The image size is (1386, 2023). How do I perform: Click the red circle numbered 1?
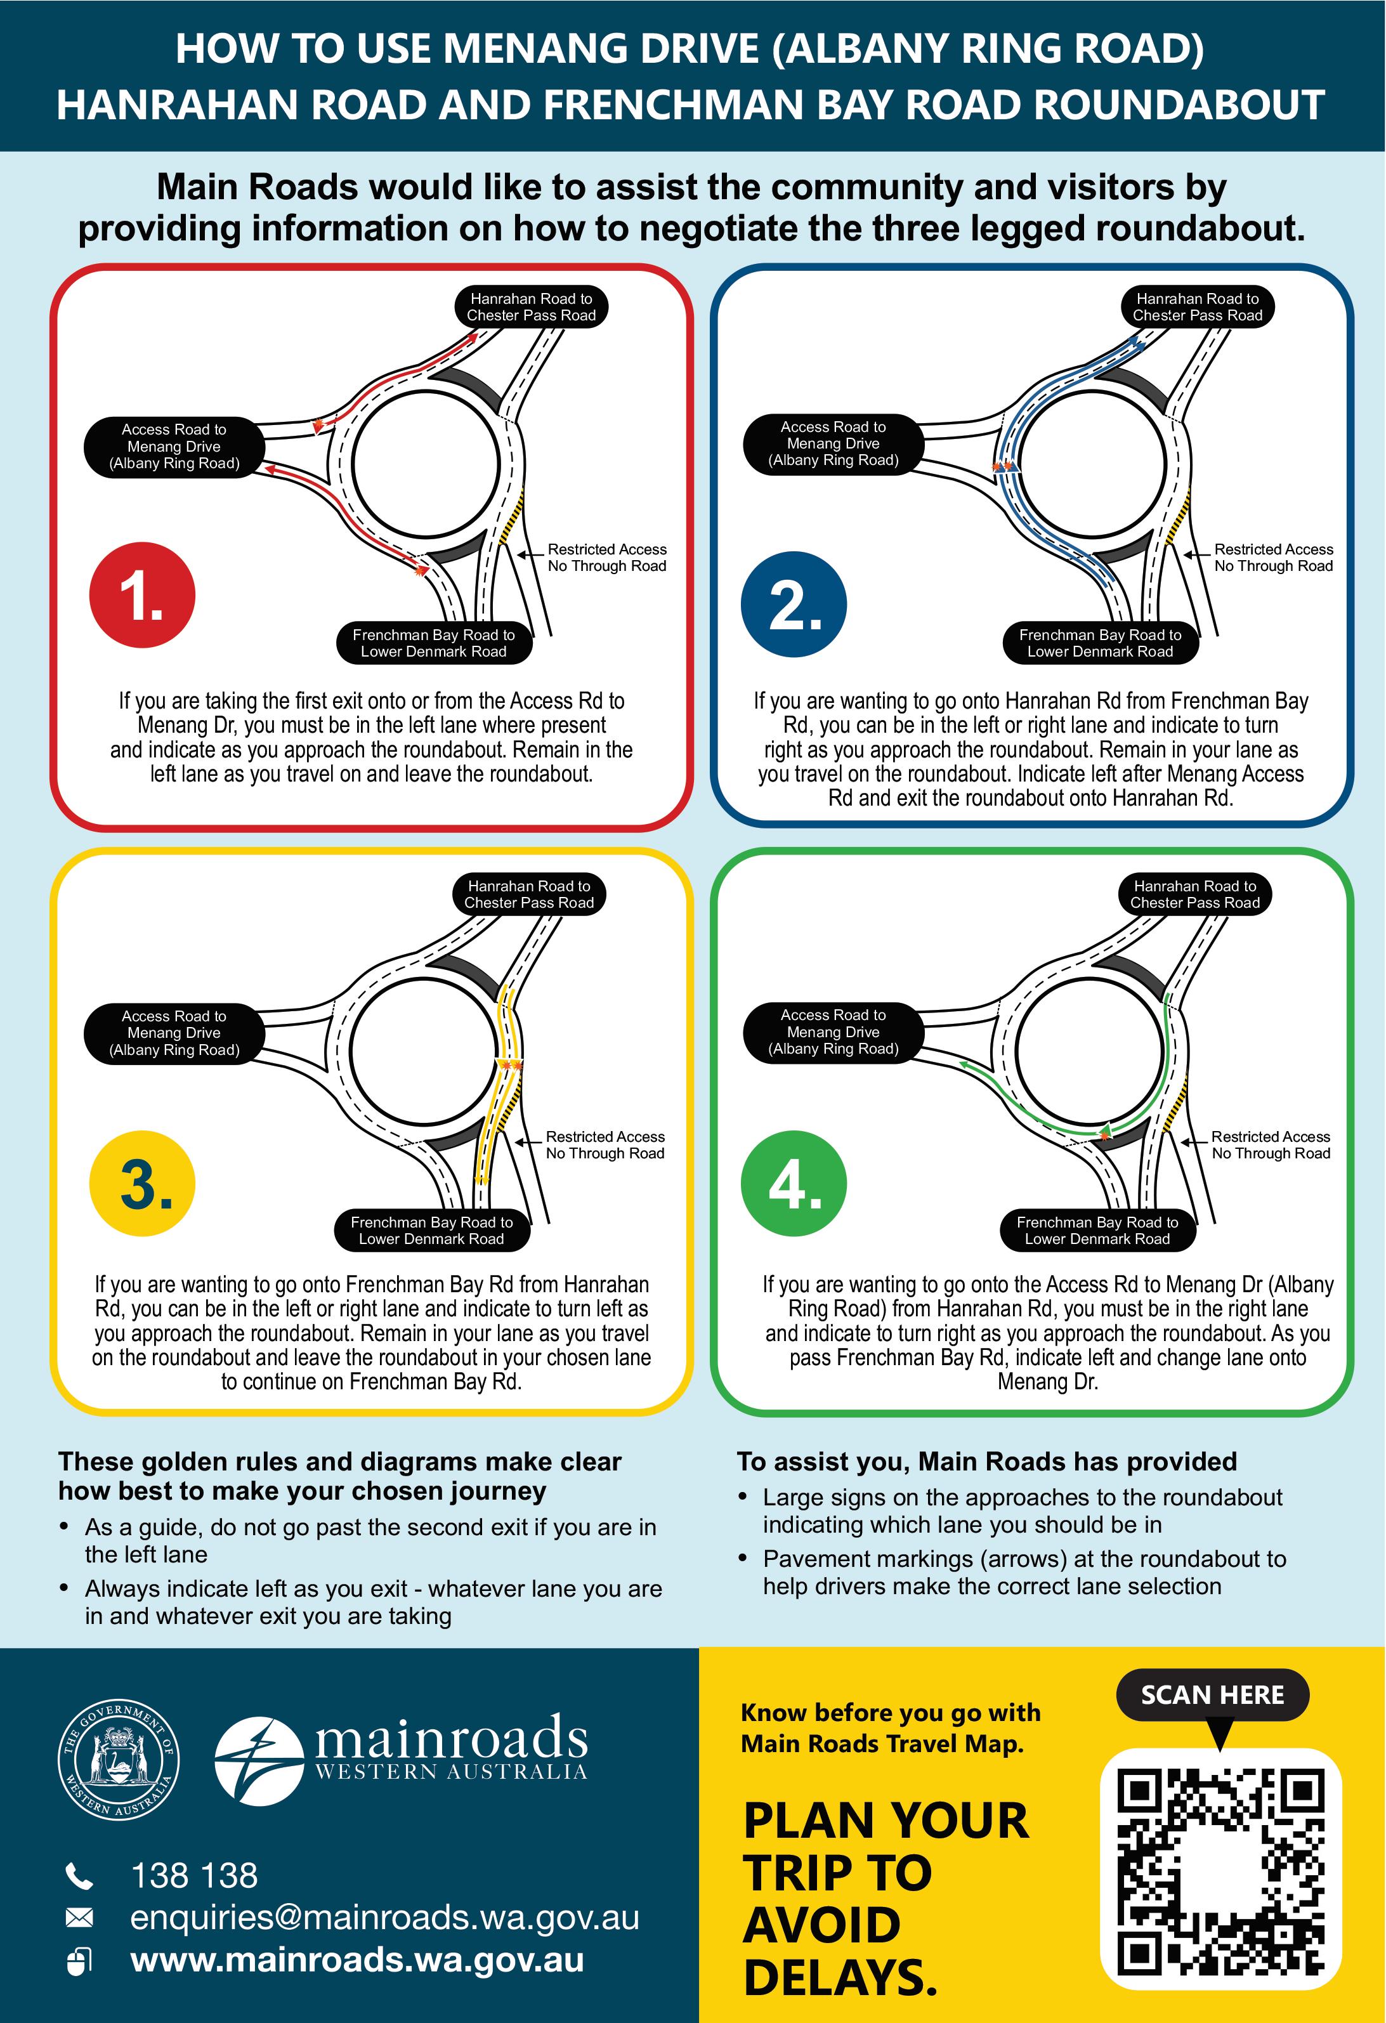tap(142, 596)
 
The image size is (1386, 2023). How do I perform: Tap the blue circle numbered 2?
tap(793, 604)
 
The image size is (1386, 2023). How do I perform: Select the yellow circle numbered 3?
tap(142, 1183)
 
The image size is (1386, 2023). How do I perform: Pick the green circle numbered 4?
tap(793, 1183)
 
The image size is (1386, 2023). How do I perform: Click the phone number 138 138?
tap(194, 1876)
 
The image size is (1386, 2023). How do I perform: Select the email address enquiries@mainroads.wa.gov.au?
tap(384, 1918)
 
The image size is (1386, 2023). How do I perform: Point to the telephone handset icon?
tap(79, 1876)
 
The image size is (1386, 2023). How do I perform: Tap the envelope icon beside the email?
tap(79, 1918)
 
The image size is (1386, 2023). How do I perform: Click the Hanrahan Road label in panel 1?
tap(531, 307)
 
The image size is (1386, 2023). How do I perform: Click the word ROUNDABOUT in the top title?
tap(1179, 105)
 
